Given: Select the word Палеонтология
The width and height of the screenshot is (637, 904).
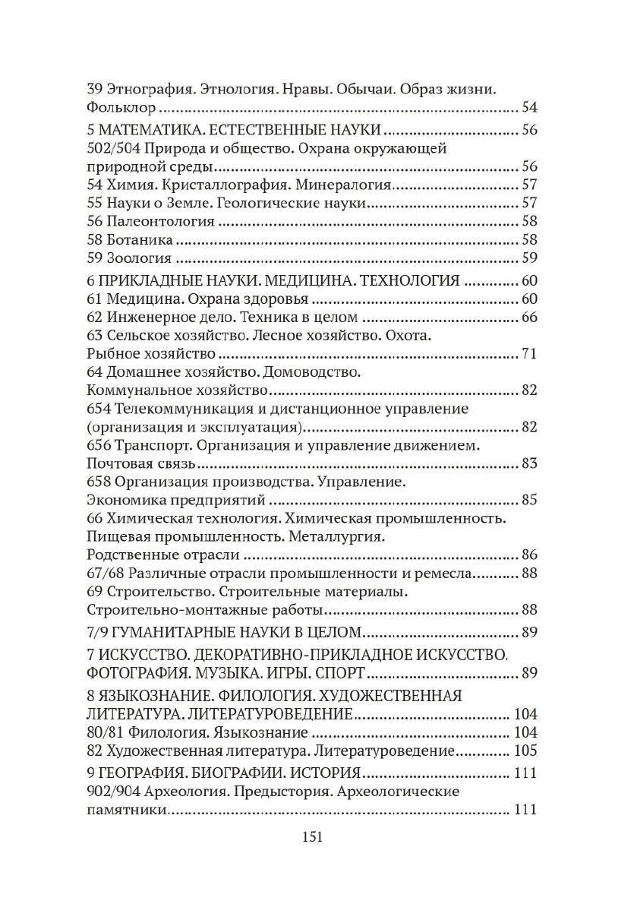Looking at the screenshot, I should (x=161, y=221).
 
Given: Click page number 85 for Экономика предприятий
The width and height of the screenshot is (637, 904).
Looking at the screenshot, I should (x=529, y=501).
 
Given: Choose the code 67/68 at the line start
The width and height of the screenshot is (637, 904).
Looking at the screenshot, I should (x=104, y=573).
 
